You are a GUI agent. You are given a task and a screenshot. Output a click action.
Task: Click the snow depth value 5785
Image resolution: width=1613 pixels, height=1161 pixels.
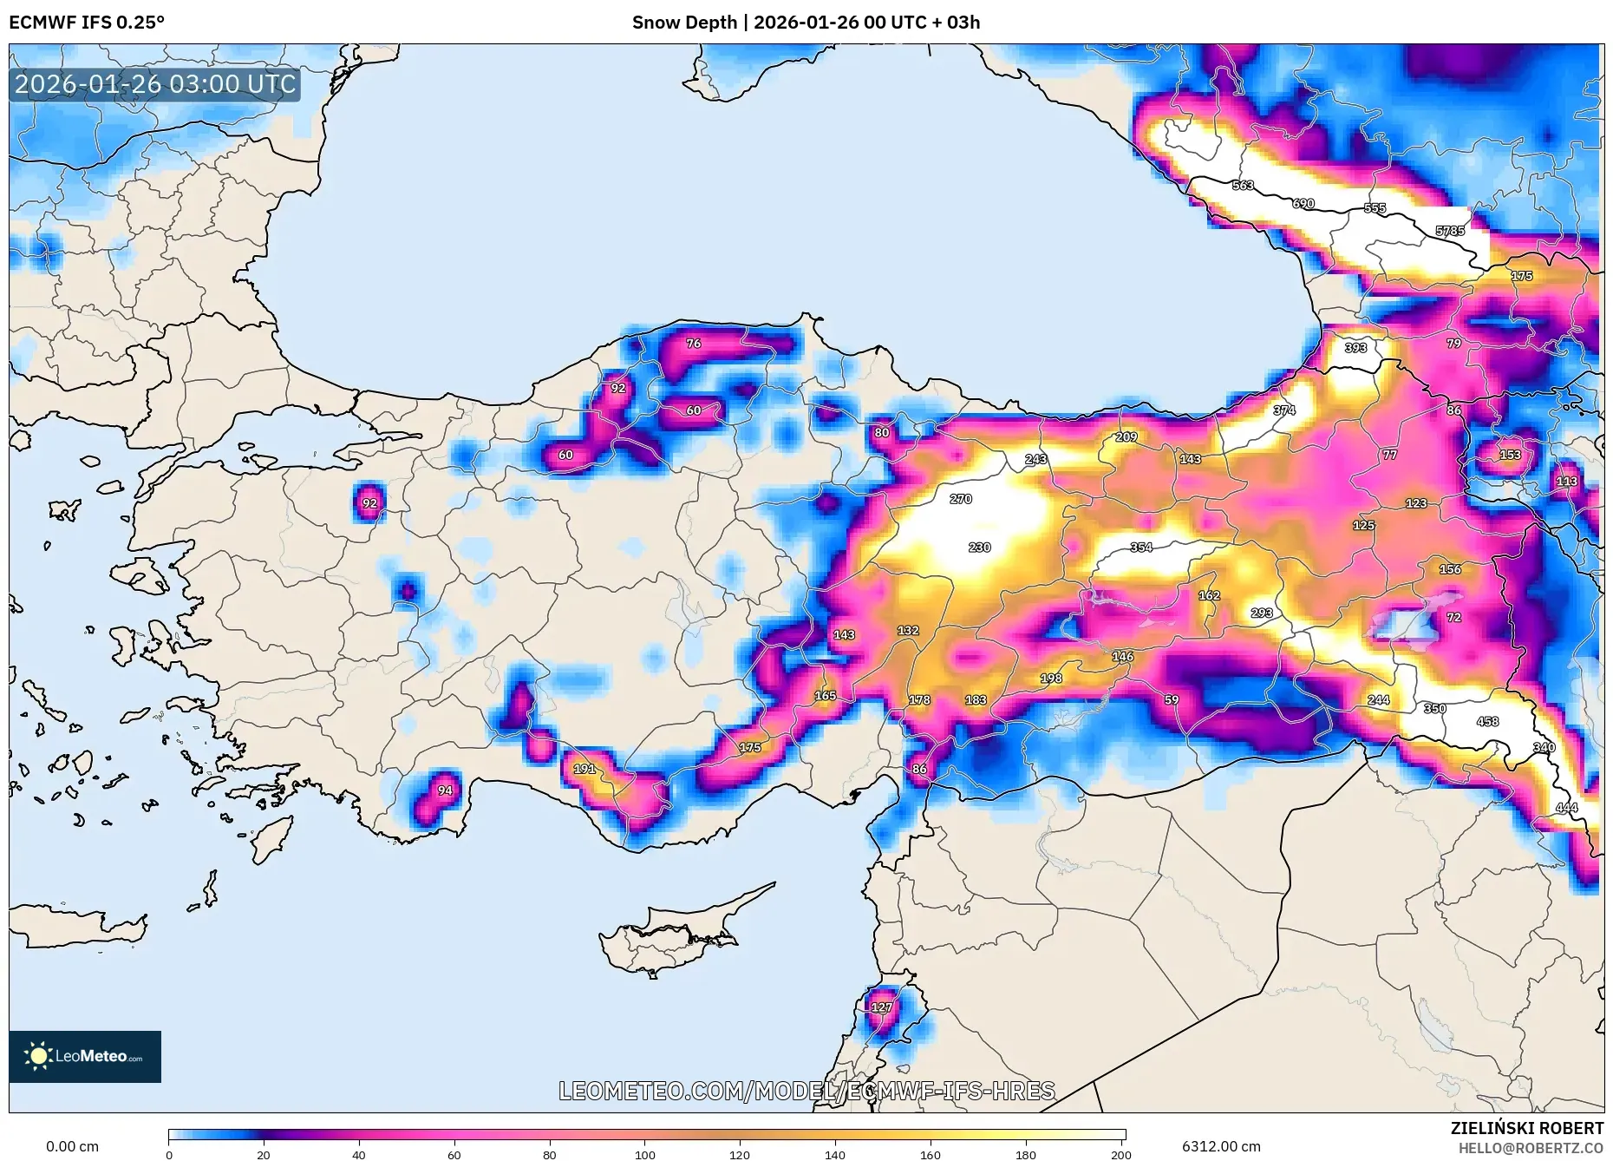click(1450, 231)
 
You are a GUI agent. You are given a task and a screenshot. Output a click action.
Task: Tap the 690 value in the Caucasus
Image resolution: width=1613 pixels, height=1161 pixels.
click(1303, 204)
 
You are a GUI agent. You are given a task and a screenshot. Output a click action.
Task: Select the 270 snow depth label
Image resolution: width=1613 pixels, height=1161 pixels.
click(961, 499)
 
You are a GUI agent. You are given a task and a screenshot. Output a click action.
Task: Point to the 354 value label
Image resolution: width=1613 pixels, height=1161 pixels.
click(1141, 548)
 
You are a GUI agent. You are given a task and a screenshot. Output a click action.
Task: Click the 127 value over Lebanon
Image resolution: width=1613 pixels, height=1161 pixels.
click(881, 1007)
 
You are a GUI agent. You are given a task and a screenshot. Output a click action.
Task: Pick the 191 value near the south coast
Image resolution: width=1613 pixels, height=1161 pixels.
click(584, 769)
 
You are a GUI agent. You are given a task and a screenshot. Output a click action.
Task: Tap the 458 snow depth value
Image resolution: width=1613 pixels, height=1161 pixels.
click(1488, 721)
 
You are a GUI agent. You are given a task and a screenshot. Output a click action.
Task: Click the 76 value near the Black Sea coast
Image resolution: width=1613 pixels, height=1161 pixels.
click(694, 344)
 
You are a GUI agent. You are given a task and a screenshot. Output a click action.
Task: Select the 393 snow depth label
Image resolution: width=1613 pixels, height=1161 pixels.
click(1355, 348)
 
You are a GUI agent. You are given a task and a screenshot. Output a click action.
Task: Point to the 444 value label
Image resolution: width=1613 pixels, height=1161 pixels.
click(1567, 808)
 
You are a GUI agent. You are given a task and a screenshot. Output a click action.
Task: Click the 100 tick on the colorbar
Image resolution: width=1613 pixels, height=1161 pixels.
click(644, 1155)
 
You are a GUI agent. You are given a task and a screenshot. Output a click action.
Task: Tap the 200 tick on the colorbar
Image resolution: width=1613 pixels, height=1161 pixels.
click(1121, 1155)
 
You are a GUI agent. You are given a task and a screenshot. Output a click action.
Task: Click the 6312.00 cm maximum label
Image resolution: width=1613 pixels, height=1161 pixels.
click(1221, 1146)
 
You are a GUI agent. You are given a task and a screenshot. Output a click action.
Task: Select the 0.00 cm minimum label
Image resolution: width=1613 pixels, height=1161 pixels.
click(72, 1146)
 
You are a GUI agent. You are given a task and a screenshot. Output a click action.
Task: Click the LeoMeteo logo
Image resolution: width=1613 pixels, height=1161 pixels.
click(85, 1056)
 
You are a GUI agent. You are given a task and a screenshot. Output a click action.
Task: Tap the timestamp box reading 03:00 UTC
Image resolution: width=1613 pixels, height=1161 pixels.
click(155, 84)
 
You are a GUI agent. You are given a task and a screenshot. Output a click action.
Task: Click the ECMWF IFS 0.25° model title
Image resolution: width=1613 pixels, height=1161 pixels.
click(87, 23)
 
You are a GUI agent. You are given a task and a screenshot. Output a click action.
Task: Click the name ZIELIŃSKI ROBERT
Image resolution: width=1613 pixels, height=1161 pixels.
click(1526, 1128)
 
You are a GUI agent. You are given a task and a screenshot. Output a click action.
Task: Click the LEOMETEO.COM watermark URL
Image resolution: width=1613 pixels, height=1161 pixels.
click(806, 1091)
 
